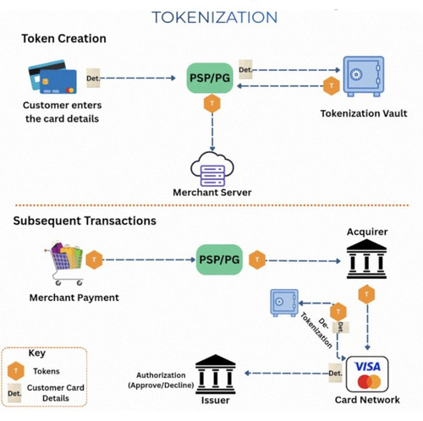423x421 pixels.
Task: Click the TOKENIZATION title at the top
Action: click(x=214, y=17)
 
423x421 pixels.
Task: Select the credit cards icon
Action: click(x=52, y=77)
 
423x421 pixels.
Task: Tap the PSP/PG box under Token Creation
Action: click(x=210, y=78)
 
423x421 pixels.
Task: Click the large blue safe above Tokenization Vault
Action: click(x=364, y=76)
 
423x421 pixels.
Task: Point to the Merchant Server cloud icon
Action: click(x=212, y=169)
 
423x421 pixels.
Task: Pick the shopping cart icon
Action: click(x=64, y=264)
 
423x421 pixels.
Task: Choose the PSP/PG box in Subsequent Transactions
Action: click(x=219, y=260)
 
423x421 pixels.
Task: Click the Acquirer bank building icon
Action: click(x=366, y=259)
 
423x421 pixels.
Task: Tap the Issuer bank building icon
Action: click(x=216, y=375)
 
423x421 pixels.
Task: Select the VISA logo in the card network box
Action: click(x=367, y=367)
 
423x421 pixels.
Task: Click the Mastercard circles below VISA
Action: click(x=369, y=382)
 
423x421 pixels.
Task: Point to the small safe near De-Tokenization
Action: click(x=284, y=303)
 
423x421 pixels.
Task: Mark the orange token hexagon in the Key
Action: click(x=16, y=371)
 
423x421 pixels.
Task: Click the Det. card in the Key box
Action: click(x=14, y=393)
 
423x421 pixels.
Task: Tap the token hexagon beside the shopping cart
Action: click(x=94, y=260)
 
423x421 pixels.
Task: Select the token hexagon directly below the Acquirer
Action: click(x=366, y=294)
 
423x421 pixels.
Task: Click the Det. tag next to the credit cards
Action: click(x=93, y=78)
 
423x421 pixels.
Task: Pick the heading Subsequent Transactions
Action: click(x=85, y=221)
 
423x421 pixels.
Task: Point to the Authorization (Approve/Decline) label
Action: click(x=161, y=380)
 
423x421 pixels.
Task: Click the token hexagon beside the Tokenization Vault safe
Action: click(x=332, y=85)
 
